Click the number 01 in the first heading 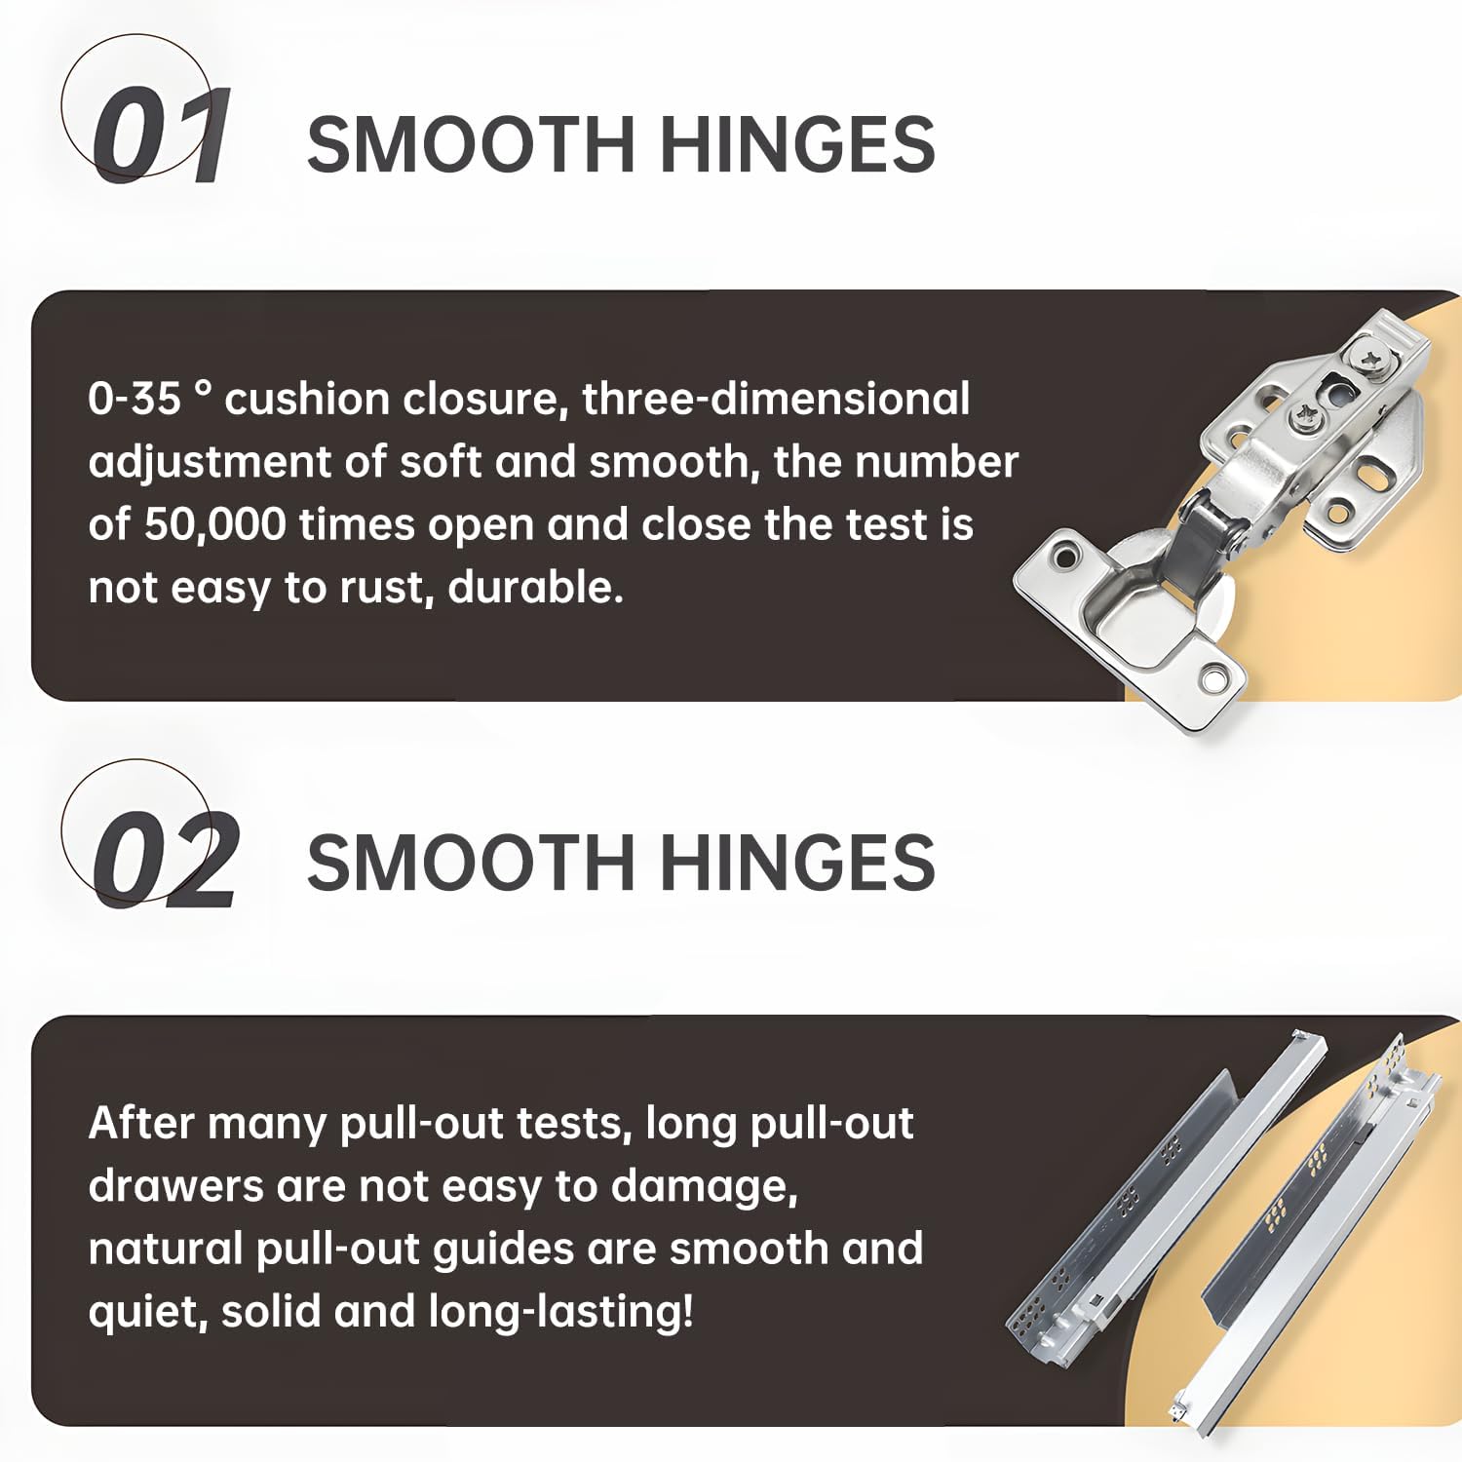(x=162, y=135)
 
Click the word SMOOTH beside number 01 (x=471, y=144)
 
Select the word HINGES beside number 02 (x=797, y=863)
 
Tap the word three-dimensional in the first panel (x=776, y=400)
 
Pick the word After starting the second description (x=141, y=1124)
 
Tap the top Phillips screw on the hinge (x=1376, y=361)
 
